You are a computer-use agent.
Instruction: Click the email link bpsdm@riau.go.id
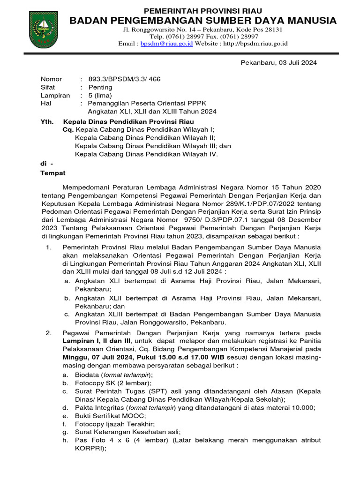[167, 44]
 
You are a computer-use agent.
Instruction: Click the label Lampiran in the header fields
[55, 95]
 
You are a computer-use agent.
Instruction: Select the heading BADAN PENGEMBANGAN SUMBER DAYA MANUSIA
[203, 20]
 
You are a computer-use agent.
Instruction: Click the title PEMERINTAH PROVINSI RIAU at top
[202, 10]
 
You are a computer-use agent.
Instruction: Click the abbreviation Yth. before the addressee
[47, 121]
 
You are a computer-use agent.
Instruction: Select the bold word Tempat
[53, 172]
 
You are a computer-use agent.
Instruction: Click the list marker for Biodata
[65, 375]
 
